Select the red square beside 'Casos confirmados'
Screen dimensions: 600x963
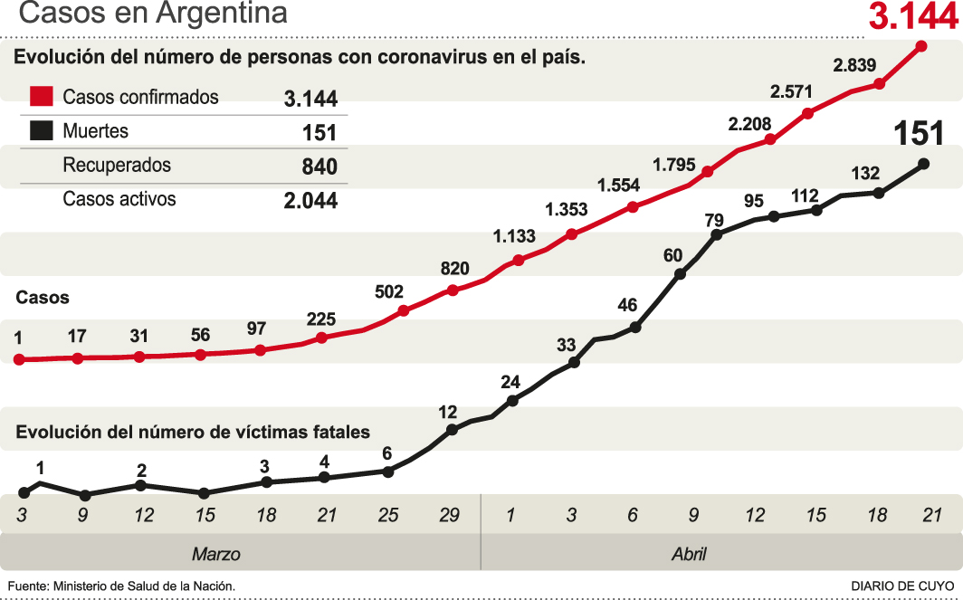tap(42, 97)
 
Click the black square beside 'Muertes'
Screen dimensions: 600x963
tap(42, 131)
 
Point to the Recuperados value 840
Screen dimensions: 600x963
tap(319, 167)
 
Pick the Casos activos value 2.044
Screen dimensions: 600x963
tap(310, 200)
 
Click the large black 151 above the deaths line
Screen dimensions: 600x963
tap(919, 133)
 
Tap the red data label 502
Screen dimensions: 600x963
tap(389, 291)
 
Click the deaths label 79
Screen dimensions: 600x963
tap(715, 220)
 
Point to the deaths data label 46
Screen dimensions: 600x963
tap(628, 305)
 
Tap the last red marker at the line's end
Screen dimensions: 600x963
tap(922, 46)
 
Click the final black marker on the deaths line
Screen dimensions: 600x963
tap(923, 164)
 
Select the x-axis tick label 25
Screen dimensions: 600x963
tap(388, 516)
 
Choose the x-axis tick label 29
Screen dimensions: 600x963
tap(450, 516)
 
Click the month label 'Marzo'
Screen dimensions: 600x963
tap(216, 554)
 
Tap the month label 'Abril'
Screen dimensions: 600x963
tap(689, 554)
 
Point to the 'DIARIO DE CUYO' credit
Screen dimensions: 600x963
tap(902, 586)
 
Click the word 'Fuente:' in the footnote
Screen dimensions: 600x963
tap(27, 586)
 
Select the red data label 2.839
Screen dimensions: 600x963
tap(854, 64)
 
